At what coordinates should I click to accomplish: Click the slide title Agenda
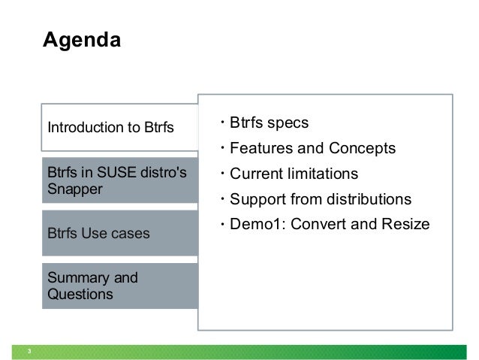tap(80, 39)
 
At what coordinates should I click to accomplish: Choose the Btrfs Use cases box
tap(120, 233)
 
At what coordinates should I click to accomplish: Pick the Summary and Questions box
tap(120, 286)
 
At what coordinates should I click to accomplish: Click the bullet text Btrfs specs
tap(269, 123)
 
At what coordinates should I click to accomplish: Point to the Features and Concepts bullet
tap(312, 148)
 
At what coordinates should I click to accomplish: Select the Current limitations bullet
tap(294, 174)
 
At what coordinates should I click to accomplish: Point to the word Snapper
tap(74, 188)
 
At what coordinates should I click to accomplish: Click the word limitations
tap(324, 174)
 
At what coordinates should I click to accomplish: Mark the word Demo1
tap(253, 225)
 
